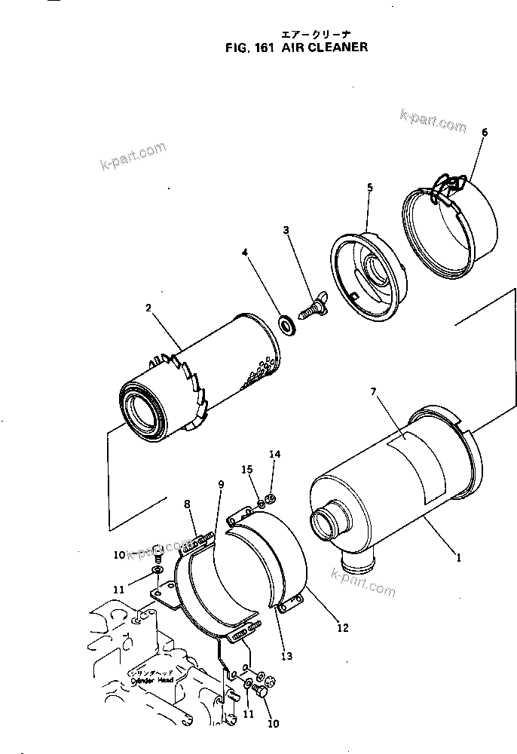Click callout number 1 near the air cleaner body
[459, 559]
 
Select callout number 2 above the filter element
[148, 308]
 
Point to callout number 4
[244, 253]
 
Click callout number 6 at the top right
[484, 133]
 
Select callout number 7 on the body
[373, 391]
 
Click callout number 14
[275, 454]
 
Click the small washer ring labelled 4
[286, 325]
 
